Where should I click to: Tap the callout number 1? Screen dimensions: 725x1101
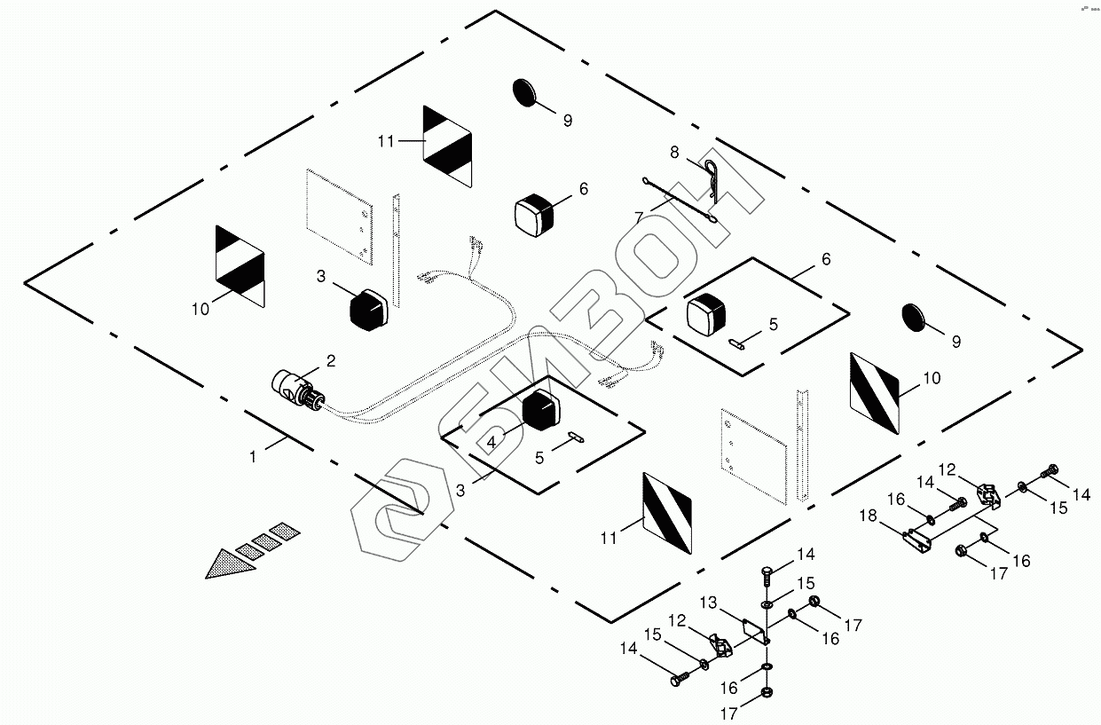pyautogui.click(x=253, y=457)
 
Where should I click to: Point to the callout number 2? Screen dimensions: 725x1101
pyautogui.click(x=330, y=360)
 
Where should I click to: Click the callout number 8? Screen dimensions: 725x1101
pyautogui.click(x=673, y=153)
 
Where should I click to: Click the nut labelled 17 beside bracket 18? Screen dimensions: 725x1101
pyautogui.click(x=963, y=552)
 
